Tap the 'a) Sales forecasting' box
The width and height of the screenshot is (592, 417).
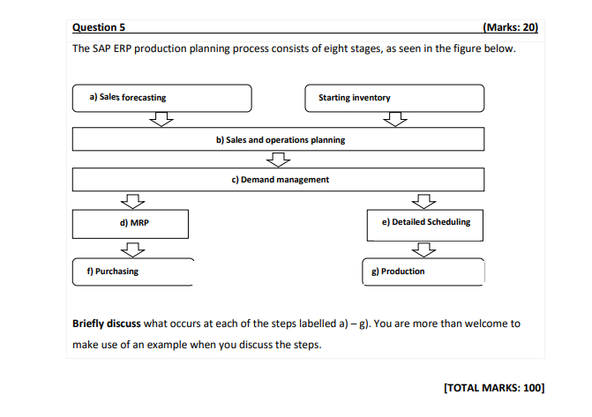point(161,98)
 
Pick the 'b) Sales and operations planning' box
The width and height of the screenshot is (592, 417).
point(279,139)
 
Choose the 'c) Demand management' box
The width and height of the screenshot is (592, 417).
point(279,180)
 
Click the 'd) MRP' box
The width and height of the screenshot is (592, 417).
point(130,223)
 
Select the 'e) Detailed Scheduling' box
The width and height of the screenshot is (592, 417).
point(426,223)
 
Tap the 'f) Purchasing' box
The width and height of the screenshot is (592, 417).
point(132,272)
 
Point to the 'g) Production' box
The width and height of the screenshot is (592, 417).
point(423,272)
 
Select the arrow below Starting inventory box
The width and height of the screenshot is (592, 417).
point(399,119)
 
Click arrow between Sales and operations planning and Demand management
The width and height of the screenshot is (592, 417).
point(279,160)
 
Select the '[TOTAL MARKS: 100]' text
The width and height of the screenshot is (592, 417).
point(495,387)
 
